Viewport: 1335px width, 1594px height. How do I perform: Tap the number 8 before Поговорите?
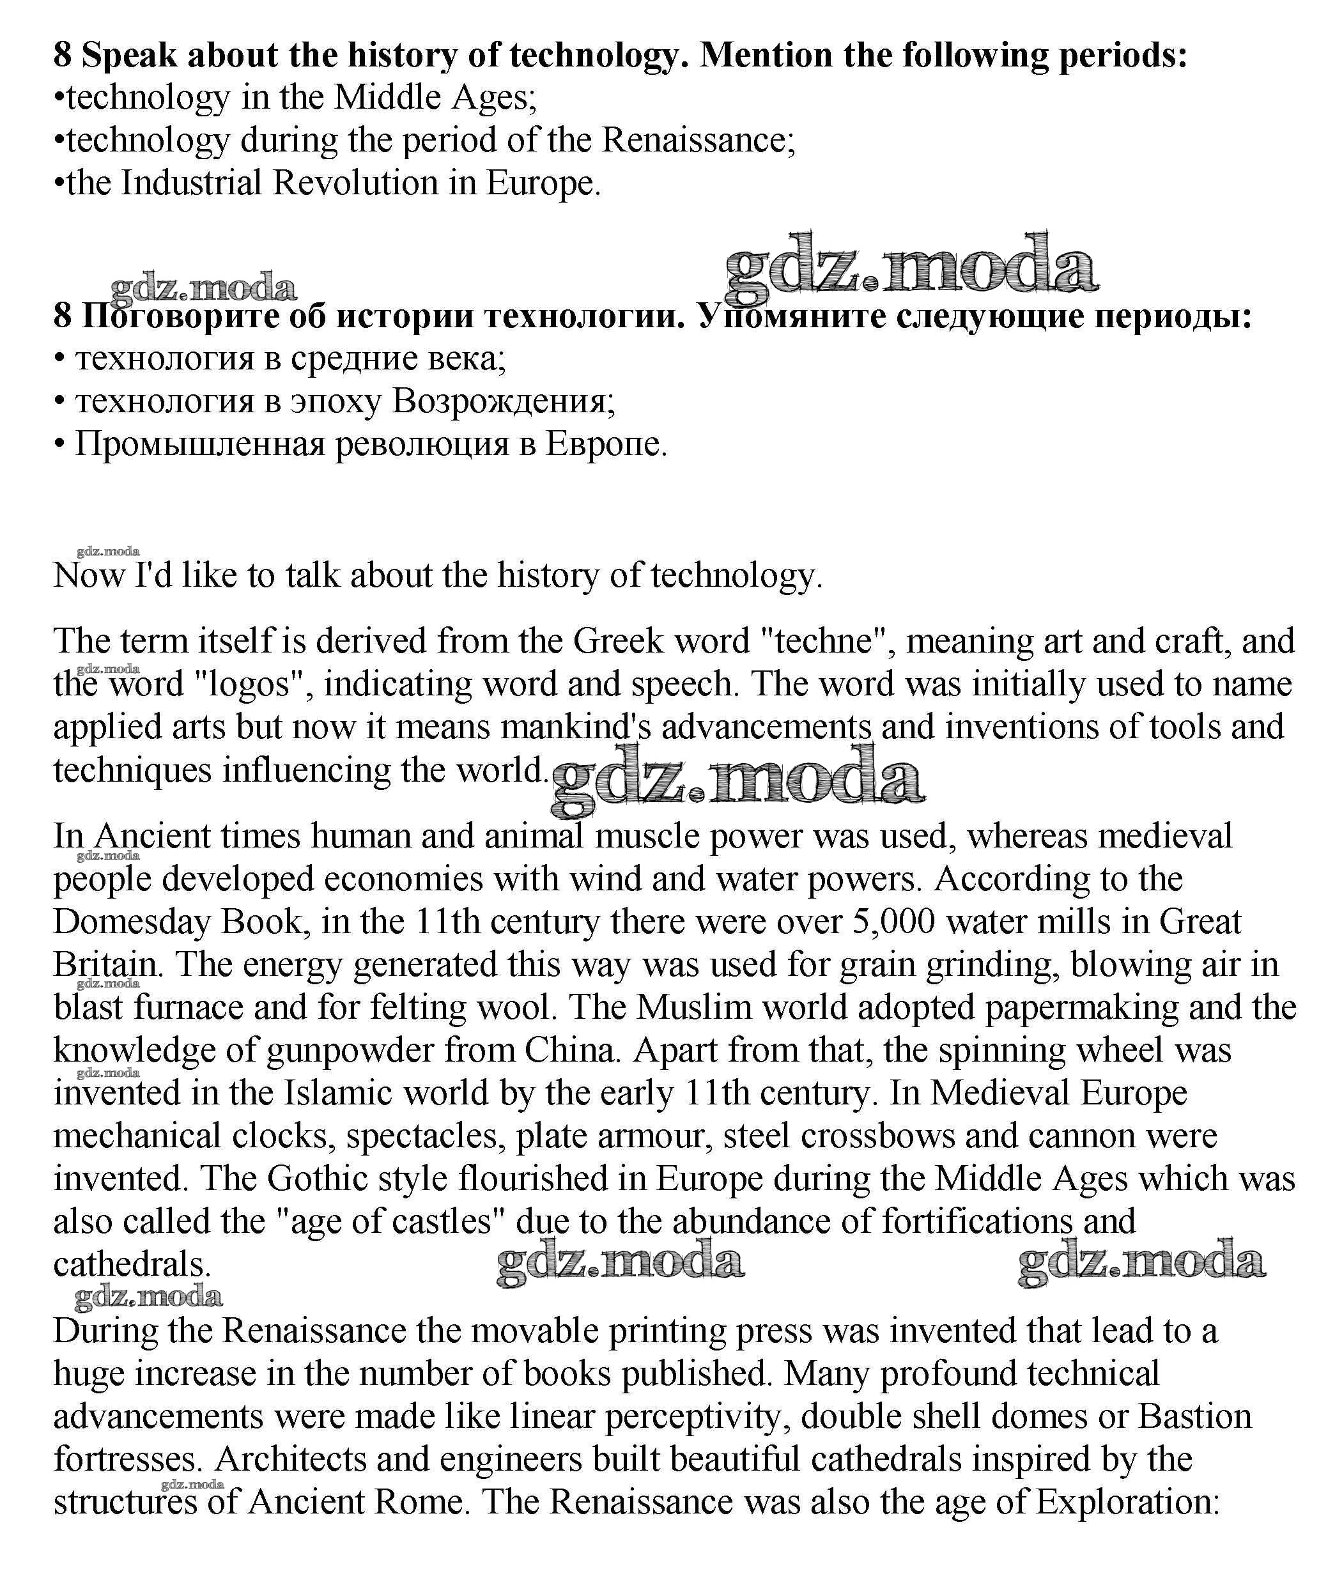(62, 316)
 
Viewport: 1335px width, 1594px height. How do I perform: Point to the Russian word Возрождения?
(503, 401)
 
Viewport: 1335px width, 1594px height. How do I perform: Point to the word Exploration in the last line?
(1127, 1501)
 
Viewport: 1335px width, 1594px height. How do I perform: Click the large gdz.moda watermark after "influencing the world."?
(737, 780)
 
